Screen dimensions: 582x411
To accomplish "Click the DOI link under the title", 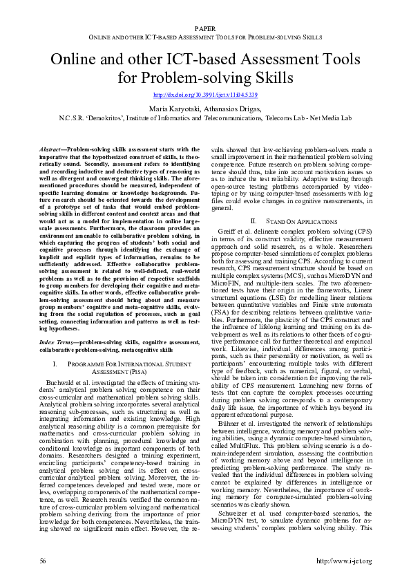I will [204, 94].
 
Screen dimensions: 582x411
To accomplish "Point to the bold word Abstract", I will [50, 149].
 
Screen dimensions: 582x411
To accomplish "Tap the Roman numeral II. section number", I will [253, 220].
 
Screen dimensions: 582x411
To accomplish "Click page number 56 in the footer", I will [43, 560].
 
